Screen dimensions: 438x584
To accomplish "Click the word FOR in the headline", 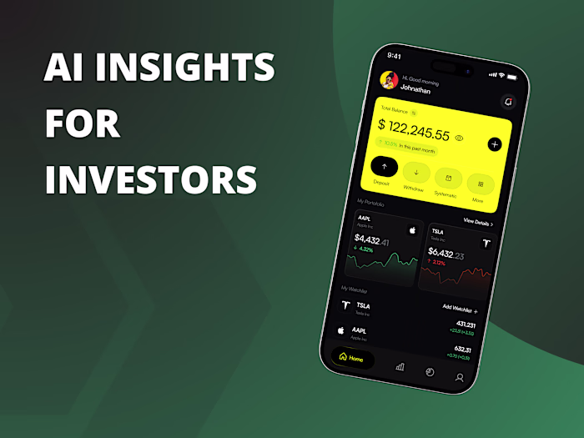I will click(82, 123).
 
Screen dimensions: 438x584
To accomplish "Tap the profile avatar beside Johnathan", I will click(387, 79).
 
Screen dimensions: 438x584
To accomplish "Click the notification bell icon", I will click(508, 102).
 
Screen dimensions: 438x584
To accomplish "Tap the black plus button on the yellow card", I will click(494, 144).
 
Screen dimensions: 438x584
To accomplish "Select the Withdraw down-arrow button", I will click(415, 174).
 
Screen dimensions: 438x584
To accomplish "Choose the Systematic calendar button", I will click(449, 178).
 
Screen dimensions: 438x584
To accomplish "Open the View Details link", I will click(477, 223).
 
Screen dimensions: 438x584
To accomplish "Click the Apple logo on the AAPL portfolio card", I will click(411, 229).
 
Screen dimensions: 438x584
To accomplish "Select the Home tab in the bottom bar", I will click(351, 358).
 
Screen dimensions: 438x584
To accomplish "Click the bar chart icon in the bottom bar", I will click(400, 365).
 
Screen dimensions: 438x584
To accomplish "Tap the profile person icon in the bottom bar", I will click(459, 377).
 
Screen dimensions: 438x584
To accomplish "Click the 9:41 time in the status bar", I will click(395, 56).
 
